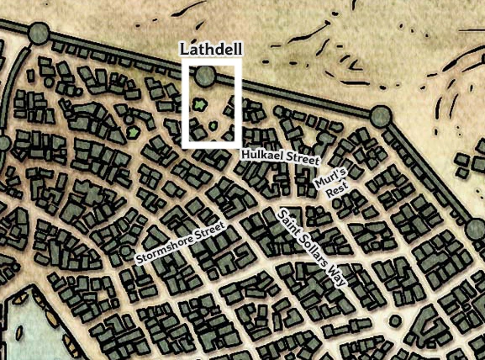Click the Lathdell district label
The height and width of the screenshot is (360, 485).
[x=210, y=50]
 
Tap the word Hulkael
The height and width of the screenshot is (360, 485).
[x=262, y=155]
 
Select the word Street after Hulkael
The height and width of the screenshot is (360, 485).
[x=303, y=158]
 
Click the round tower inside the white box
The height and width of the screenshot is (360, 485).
[x=204, y=77]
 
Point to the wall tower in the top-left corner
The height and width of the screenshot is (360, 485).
[x=39, y=34]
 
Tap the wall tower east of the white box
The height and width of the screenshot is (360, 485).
[x=381, y=116]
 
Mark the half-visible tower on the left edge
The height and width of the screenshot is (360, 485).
[x=3, y=143]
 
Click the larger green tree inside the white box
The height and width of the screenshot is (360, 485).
[x=199, y=105]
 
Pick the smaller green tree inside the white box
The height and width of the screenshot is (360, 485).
[x=213, y=126]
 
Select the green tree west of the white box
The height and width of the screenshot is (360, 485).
[x=133, y=132]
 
